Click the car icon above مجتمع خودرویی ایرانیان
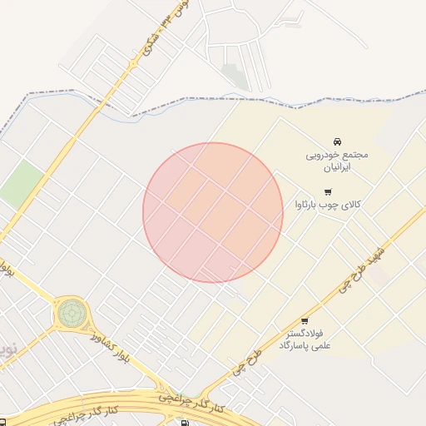(337, 141)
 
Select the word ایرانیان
(337, 167)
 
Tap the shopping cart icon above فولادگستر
(304, 320)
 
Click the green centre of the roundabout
(72, 314)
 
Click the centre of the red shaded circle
(213, 212)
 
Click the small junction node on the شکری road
(133, 62)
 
